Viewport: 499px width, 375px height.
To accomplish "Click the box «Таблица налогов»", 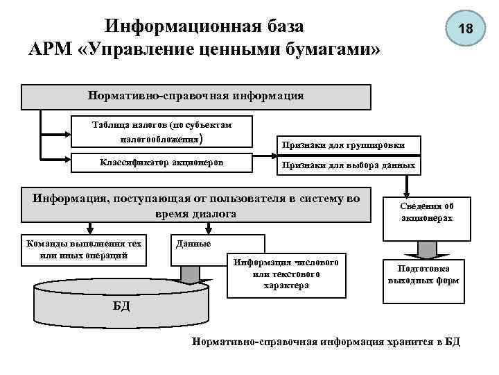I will click(x=161, y=131).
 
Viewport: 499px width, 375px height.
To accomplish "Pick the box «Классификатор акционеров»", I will click(x=161, y=163).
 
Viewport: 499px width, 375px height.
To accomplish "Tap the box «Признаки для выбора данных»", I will click(x=349, y=166).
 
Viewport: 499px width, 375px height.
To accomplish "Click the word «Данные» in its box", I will click(x=194, y=245).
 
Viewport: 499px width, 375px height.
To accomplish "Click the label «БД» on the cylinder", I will click(x=121, y=305).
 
